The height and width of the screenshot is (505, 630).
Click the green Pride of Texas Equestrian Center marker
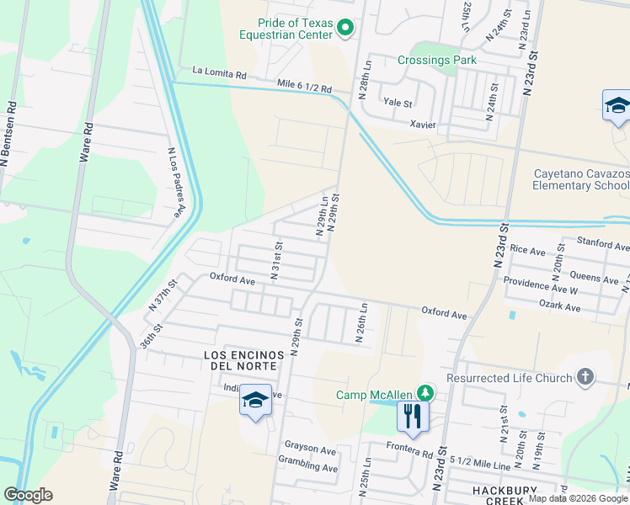click(x=344, y=29)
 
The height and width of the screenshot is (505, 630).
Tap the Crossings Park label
click(x=437, y=60)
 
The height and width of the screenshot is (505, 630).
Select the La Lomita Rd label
click(x=219, y=74)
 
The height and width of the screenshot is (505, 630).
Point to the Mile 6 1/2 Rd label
click(x=304, y=86)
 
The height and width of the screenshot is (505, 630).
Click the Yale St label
click(x=398, y=104)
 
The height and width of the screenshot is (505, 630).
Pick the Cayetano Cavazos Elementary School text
click(x=581, y=180)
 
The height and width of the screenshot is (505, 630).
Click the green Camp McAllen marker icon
click(x=426, y=394)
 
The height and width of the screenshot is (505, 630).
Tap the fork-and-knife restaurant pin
click(x=413, y=415)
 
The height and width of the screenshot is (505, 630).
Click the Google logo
click(x=28, y=495)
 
